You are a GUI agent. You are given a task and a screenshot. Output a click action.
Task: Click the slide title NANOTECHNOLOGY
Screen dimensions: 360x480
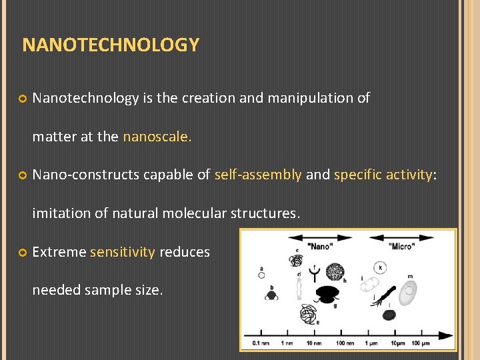pyautogui.click(x=111, y=45)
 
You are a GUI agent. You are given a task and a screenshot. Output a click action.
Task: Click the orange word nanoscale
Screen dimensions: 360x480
pyautogui.click(x=157, y=137)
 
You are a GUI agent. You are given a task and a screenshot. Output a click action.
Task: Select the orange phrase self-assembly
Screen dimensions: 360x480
pyautogui.click(x=258, y=175)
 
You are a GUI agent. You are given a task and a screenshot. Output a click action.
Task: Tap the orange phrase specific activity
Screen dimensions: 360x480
pyautogui.click(x=383, y=175)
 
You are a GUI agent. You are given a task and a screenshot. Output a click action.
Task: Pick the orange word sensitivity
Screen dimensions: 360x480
pyautogui.click(x=122, y=252)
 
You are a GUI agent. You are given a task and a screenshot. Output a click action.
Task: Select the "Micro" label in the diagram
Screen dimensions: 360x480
pyautogui.click(x=401, y=247)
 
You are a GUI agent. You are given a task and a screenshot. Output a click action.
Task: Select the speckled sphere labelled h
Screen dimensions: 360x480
pyautogui.click(x=335, y=271)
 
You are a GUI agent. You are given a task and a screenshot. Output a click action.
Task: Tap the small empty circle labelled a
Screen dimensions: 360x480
pyautogui.click(x=262, y=274)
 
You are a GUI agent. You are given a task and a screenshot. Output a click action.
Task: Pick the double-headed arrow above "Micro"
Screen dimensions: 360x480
pyautogui.click(x=401, y=237)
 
